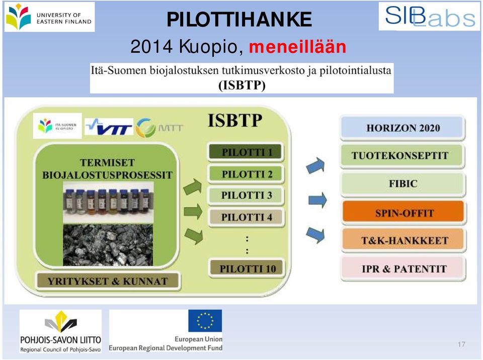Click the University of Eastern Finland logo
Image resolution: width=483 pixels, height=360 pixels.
(x=49, y=17)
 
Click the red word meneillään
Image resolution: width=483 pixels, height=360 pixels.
(x=297, y=47)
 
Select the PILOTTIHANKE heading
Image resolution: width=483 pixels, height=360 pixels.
(x=239, y=20)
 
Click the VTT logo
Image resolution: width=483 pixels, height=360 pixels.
(x=109, y=127)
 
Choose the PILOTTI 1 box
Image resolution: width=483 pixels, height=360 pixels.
(x=246, y=152)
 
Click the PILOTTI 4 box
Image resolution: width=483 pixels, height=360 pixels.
(x=246, y=217)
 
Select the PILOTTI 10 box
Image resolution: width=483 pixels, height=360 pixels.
(x=247, y=268)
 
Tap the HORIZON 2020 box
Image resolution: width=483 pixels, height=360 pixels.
(x=403, y=128)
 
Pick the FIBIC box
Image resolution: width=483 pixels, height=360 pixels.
(x=403, y=184)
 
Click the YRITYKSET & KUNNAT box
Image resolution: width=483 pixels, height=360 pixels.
(x=108, y=281)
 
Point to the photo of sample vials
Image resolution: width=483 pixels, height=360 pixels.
(x=108, y=202)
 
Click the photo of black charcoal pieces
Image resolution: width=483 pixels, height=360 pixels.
(x=108, y=245)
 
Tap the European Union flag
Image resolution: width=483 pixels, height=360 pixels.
(x=205, y=321)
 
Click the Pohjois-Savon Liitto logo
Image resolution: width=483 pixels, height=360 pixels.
(x=60, y=331)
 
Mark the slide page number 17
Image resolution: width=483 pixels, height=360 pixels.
(x=461, y=344)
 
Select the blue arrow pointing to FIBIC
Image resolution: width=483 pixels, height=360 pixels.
(x=317, y=200)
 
